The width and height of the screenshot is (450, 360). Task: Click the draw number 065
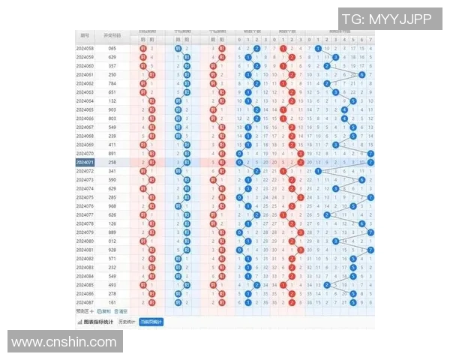coord(112,48)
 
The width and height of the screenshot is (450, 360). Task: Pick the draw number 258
coord(112,161)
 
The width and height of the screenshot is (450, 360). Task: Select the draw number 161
coord(112,301)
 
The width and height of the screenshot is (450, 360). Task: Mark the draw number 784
coord(112,83)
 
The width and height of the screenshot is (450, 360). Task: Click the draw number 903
coord(112,109)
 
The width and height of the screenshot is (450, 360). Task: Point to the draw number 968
coord(112,205)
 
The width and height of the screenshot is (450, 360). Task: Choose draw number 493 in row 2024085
coord(112,284)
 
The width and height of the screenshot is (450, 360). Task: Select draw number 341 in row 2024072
coord(112,171)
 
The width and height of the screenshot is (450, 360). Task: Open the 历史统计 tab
coord(127,322)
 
